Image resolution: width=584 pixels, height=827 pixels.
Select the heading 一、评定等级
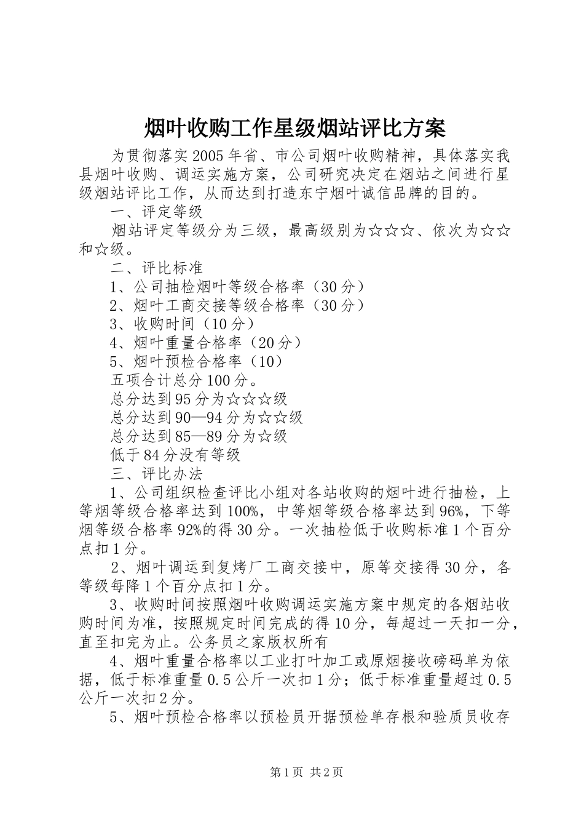click(x=156, y=212)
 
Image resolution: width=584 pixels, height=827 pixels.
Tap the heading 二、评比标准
click(x=156, y=268)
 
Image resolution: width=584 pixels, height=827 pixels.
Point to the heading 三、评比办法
click(x=156, y=474)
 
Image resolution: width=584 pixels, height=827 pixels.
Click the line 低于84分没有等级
click(x=175, y=455)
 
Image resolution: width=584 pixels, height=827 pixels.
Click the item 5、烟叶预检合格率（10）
click(x=197, y=361)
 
